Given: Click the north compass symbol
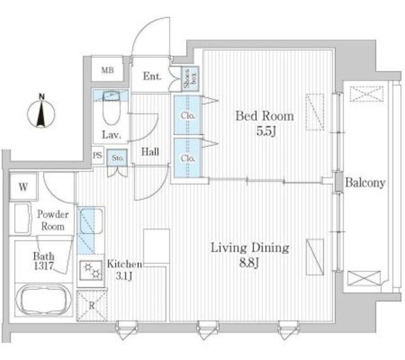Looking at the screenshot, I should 42,114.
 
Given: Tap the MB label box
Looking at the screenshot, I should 108,70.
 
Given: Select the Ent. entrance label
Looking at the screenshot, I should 151,77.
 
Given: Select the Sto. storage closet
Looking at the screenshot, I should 118,158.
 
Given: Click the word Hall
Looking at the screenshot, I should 150,152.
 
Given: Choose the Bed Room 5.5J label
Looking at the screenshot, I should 265,123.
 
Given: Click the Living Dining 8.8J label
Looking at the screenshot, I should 250,254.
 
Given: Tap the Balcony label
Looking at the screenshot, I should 365,183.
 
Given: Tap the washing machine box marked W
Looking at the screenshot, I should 23,187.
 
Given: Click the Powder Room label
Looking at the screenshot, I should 52,221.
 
